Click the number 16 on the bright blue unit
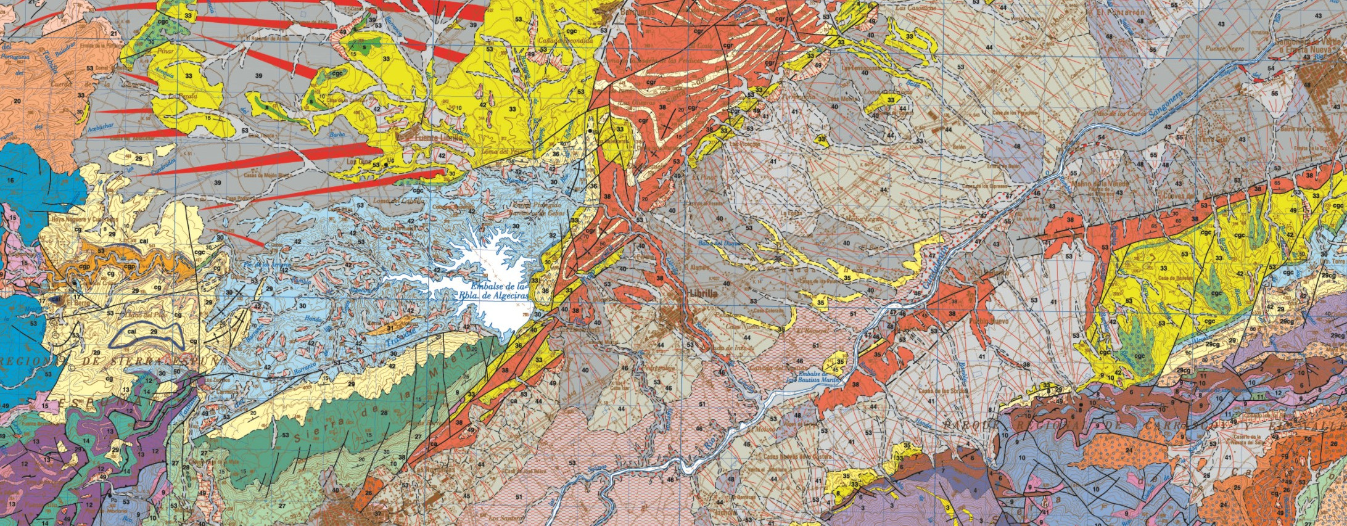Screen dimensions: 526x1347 click(10, 179)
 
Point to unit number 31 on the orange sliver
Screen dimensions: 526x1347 click(390, 327)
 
